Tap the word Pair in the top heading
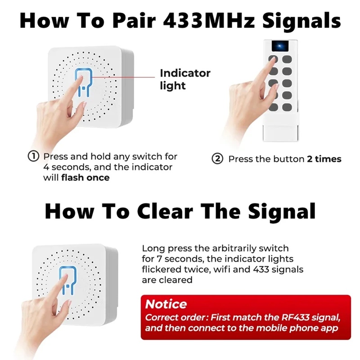[x=134, y=20]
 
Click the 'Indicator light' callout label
[x=185, y=79]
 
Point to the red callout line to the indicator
[x=123, y=77]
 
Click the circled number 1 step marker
[x=33, y=156]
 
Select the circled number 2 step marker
[x=217, y=159]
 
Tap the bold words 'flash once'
[x=85, y=177]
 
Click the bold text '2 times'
[x=324, y=159]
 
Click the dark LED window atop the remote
[x=280, y=46]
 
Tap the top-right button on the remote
[x=287, y=59]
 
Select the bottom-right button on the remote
[x=287, y=107]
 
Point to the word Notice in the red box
[x=166, y=304]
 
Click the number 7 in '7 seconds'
[x=160, y=259]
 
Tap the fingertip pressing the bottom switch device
[x=65, y=277]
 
